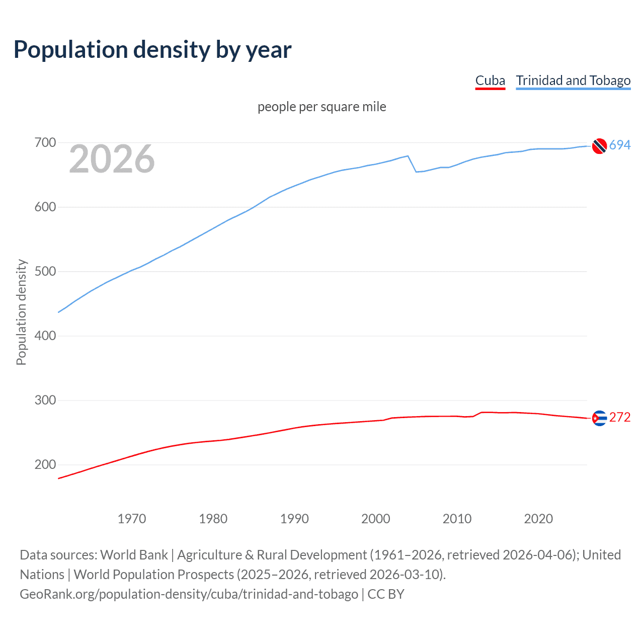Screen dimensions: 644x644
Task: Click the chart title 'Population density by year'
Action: click(152, 50)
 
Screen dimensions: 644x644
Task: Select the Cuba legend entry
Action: click(490, 81)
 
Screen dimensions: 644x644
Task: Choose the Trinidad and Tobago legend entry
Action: click(573, 81)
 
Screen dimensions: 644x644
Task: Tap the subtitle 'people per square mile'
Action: click(321, 107)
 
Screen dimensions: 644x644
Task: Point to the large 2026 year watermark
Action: click(112, 159)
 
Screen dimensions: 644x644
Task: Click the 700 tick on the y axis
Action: click(45, 143)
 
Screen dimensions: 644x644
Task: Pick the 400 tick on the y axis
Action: click(45, 336)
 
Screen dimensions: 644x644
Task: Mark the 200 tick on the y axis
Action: click(45, 465)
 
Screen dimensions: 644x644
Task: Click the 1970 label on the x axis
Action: click(132, 519)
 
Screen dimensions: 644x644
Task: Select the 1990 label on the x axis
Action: click(294, 519)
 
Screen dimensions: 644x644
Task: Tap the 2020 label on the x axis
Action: click(538, 519)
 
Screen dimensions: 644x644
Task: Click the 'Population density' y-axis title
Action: click(21, 312)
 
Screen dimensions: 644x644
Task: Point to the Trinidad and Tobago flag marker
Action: click(599, 146)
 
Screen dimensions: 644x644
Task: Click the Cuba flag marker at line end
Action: click(599, 418)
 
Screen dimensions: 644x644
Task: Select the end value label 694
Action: click(620, 145)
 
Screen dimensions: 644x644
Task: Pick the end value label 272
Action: click(620, 418)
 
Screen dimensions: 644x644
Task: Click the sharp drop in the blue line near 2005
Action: click(412, 164)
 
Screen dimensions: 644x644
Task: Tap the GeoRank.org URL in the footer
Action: click(189, 594)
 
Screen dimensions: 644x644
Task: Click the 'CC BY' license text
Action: click(386, 594)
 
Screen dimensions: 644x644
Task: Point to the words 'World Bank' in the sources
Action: click(134, 555)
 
